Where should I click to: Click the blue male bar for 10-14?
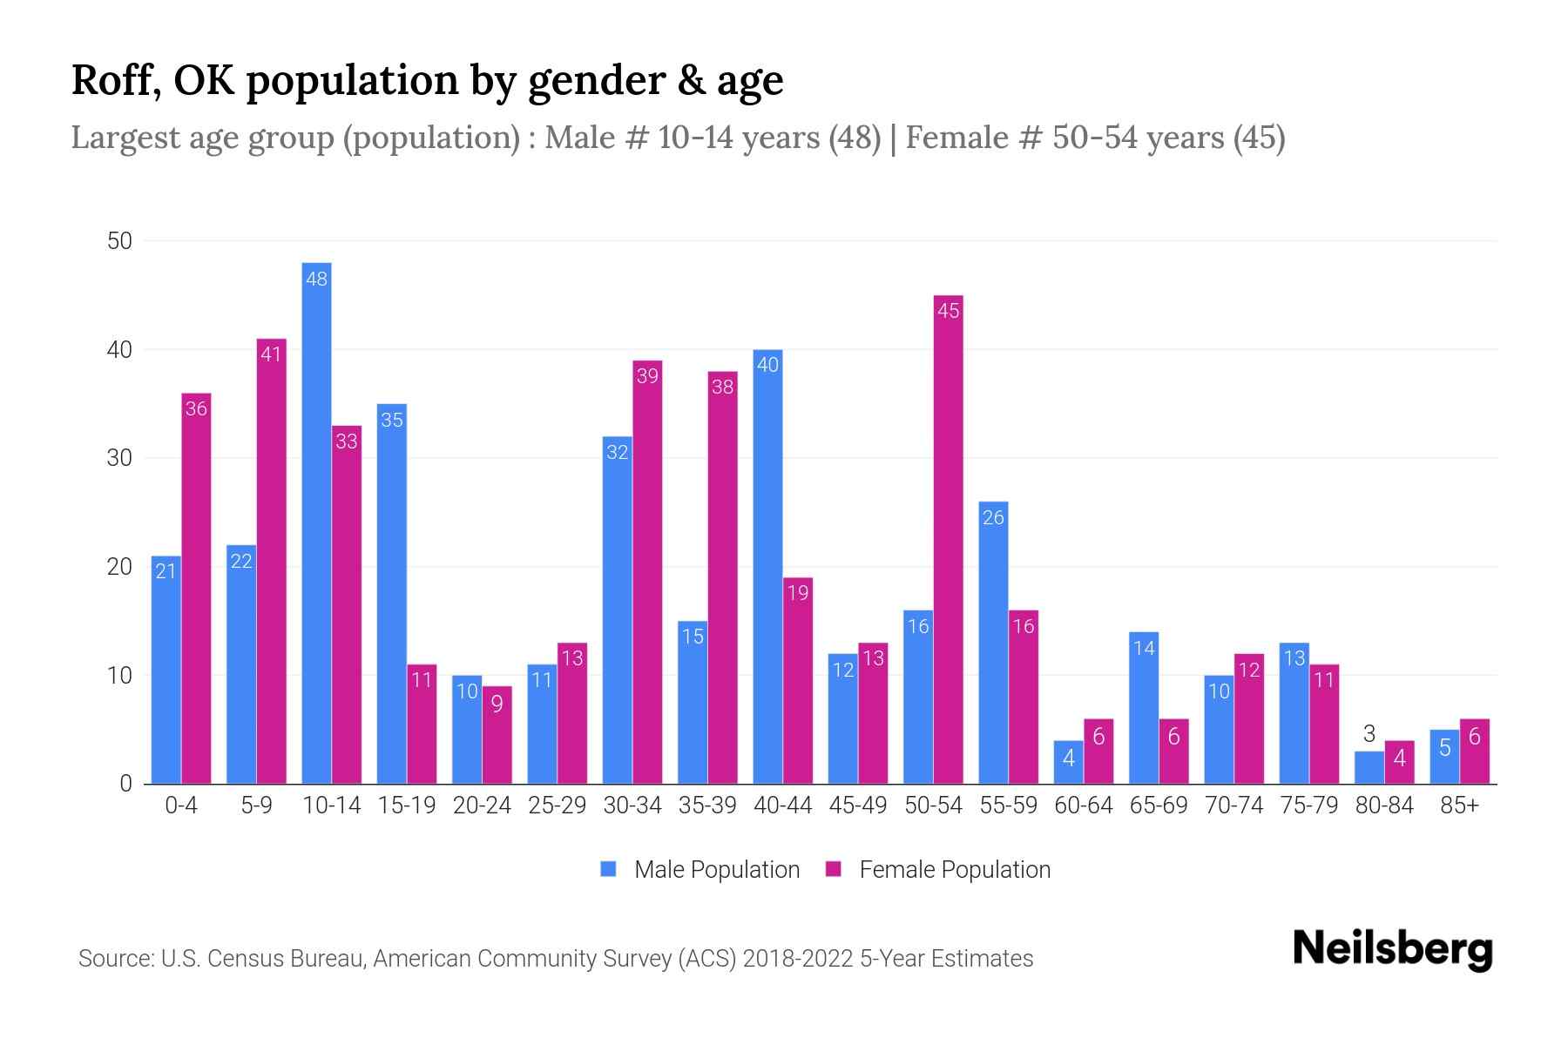click(x=316, y=522)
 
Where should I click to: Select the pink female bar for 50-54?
click(x=948, y=540)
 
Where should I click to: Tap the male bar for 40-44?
click(x=767, y=566)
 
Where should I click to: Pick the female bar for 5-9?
click(x=271, y=562)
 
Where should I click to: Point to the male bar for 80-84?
click(x=1369, y=768)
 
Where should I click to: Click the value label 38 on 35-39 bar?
click(x=722, y=387)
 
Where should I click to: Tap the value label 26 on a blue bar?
click(x=993, y=517)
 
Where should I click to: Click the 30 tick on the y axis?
click(x=119, y=458)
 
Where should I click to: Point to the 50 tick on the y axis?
click(x=119, y=241)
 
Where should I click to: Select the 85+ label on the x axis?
click(x=1459, y=806)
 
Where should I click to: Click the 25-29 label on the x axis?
click(x=557, y=806)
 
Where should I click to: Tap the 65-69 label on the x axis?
click(x=1158, y=806)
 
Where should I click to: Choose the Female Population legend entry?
click(x=938, y=869)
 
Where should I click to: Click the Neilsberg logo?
click(x=1392, y=949)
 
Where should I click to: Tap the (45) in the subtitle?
click(x=1259, y=138)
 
